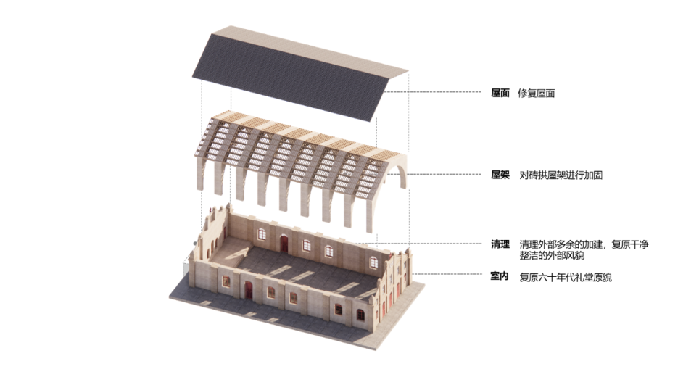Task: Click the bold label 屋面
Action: pyautogui.click(x=500, y=94)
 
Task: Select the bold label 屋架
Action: pyautogui.click(x=500, y=175)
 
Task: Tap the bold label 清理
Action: pyautogui.click(x=500, y=244)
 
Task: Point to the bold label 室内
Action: pyautogui.click(x=500, y=277)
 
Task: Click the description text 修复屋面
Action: pyautogui.click(x=537, y=94)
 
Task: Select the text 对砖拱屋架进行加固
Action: pyautogui.click(x=561, y=175)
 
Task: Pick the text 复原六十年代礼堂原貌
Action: pyautogui.click(x=565, y=277)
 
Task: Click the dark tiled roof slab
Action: pyautogui.click(x=290, y=73)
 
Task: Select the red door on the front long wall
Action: pyautogui.click(x=249, y=290)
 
